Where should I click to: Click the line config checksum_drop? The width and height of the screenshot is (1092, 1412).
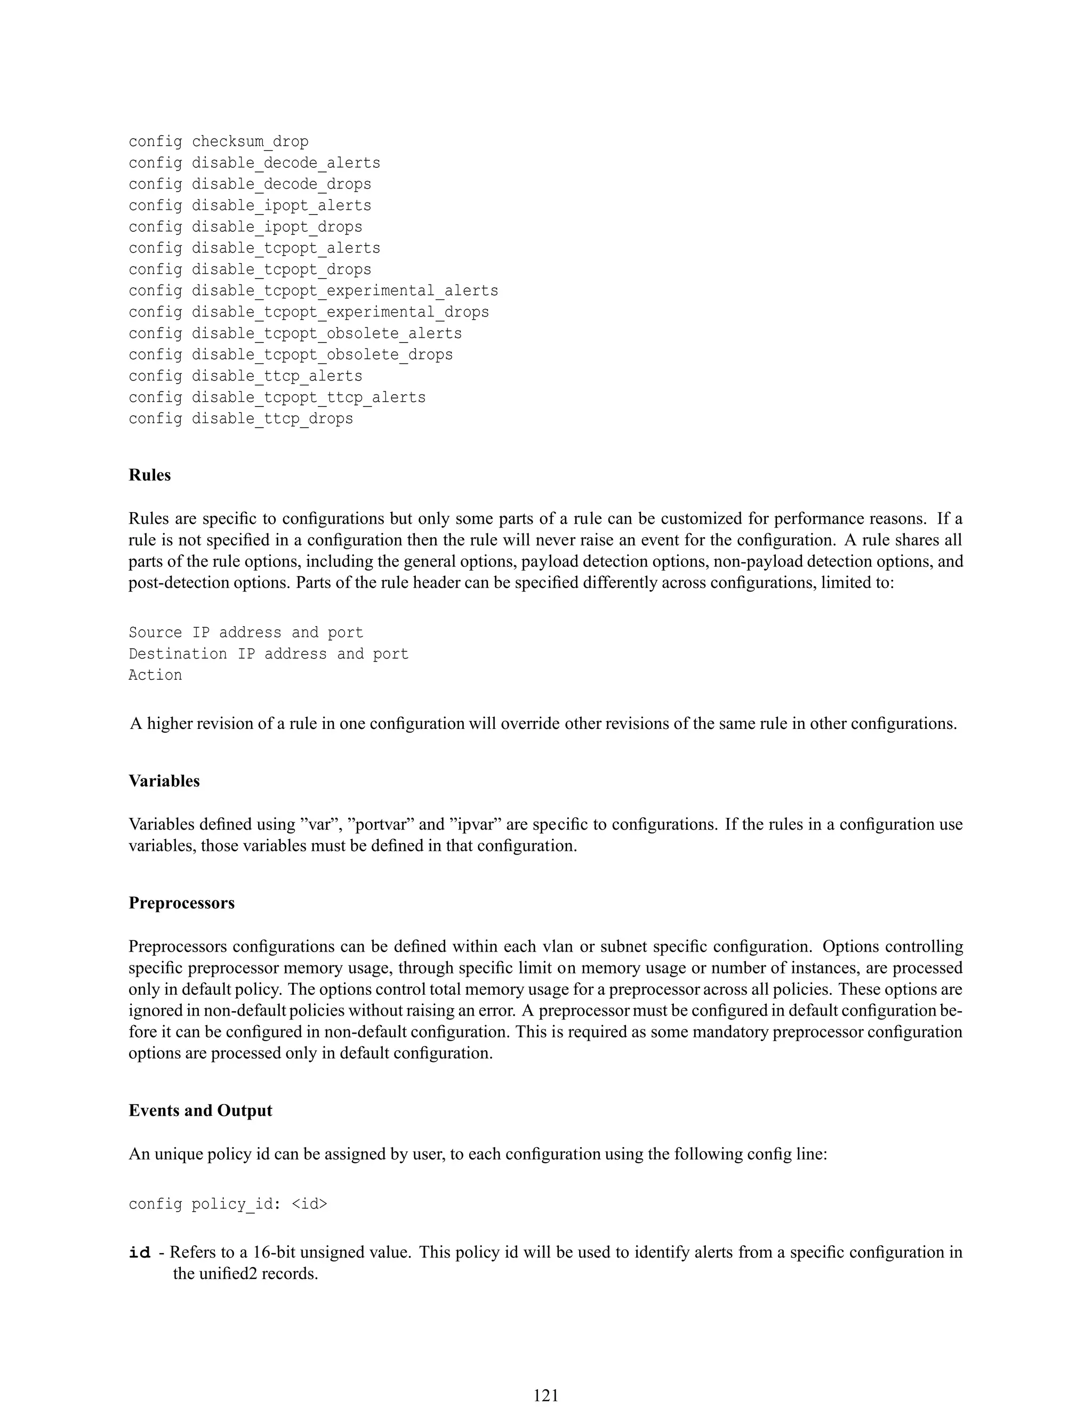tap(218, 142)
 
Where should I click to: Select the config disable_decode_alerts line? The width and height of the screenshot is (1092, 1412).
tap(254, 163)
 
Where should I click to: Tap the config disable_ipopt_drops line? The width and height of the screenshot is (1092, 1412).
tap(245, 227)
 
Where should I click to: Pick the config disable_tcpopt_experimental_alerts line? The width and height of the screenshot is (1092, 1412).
tap(313, 291)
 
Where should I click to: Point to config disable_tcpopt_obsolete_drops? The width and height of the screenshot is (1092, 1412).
tap(291, 355)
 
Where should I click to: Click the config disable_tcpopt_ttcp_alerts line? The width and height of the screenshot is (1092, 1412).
tap(277, 397)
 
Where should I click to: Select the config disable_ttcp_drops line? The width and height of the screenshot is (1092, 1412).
tap(240, 419)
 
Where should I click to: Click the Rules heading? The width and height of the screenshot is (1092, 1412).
tap(149, 475)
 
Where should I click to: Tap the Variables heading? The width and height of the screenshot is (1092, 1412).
tap(164, 781)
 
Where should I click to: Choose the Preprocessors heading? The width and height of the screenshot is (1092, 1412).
tap(181, 903)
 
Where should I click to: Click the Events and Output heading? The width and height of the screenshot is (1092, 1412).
tap(200, 1111)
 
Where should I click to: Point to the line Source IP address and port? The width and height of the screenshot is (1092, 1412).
tap(246, 632)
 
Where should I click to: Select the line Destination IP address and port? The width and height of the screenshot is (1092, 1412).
tap(269, 654)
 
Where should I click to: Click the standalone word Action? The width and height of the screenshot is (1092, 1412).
tap(155, 675)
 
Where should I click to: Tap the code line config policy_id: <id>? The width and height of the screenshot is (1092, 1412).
tap(228, 1204)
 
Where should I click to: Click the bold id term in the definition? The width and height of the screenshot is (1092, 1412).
tap(140, 1253)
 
